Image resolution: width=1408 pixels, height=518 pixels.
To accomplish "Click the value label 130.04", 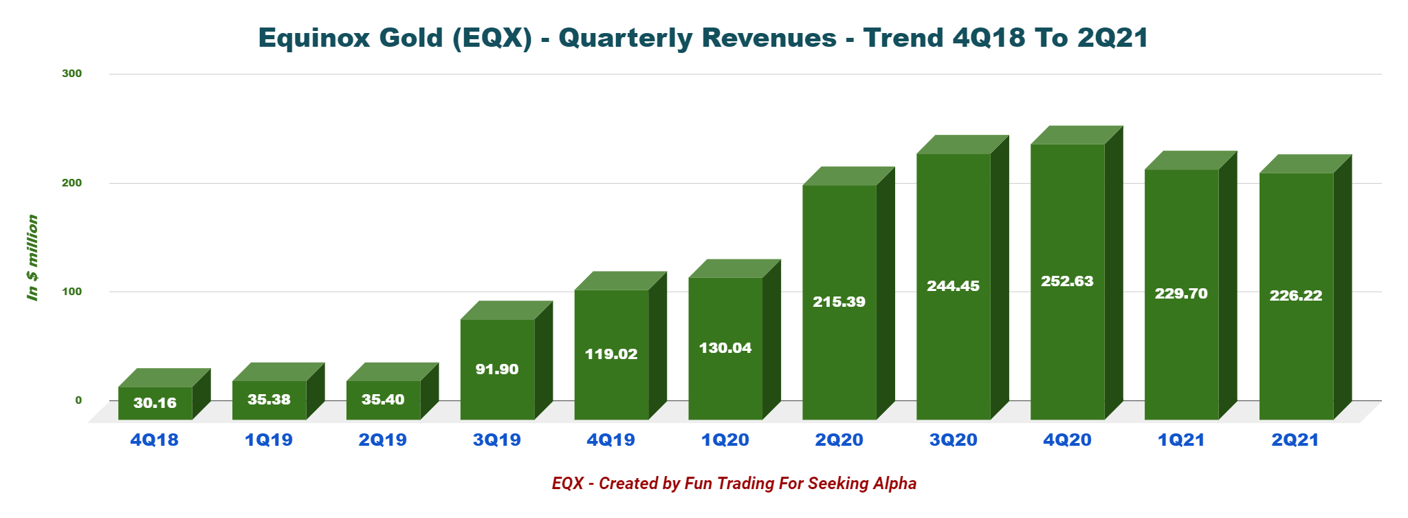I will point(725,348).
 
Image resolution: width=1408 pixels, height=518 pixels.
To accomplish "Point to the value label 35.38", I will point(269,400).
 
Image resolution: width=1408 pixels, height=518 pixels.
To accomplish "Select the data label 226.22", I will point(1296,296).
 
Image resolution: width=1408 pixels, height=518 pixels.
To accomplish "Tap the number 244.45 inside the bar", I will point(953,286).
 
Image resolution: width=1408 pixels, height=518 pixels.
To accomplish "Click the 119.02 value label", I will point(611,354).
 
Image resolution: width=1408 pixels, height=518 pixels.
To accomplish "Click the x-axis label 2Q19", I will point(383,440).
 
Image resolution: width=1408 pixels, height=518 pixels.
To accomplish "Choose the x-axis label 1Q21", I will point(1181,440).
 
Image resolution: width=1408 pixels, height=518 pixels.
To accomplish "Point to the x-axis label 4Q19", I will point(611,440).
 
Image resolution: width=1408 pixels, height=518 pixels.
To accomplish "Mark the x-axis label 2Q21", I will point(1295,440).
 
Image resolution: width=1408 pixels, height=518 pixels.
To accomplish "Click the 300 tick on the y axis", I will point(72,74).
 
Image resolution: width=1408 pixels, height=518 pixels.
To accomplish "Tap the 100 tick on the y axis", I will point(72,292).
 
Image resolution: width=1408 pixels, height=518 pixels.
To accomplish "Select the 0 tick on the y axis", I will point(78,400).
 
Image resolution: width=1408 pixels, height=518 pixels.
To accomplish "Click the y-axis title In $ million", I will point(32,257).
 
